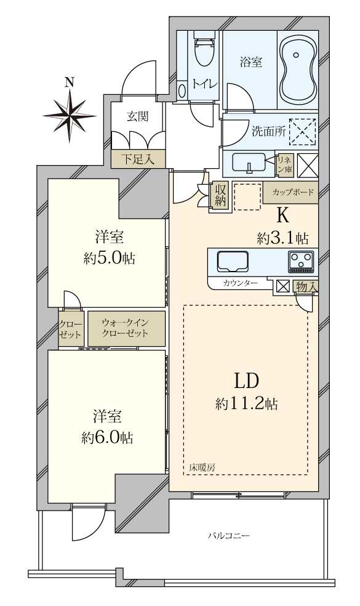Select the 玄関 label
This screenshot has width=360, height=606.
point(137,116)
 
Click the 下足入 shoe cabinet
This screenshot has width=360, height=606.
point(137,159)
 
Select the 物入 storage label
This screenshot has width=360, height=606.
point(306,286)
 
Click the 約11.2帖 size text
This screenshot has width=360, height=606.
point(246,404)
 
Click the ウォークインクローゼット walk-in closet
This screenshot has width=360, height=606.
point(126,328)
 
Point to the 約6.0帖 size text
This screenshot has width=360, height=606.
point(107,437)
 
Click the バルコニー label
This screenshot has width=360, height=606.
point(228,536)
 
